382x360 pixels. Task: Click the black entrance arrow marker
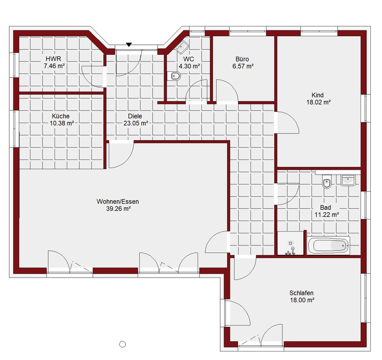point(129,45)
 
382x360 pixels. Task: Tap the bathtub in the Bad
point(328,245)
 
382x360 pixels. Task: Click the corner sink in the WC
point(182,47)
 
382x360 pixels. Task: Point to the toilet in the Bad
point(327,181)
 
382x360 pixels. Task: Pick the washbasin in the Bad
point(348,180)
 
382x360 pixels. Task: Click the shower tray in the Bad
point(290,243)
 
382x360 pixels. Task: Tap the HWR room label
point(53,59)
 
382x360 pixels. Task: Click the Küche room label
point(61,116)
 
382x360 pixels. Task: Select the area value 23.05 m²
point(136,124)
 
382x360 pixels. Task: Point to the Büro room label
point(242,59)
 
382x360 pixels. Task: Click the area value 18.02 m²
point(318,102)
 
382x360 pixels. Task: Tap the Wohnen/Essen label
point(118,201)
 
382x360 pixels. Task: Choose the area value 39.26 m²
point(119,209)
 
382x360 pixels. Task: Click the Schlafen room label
point(301,293)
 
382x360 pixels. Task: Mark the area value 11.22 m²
point(327,214)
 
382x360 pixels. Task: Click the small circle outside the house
point(123,344)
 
